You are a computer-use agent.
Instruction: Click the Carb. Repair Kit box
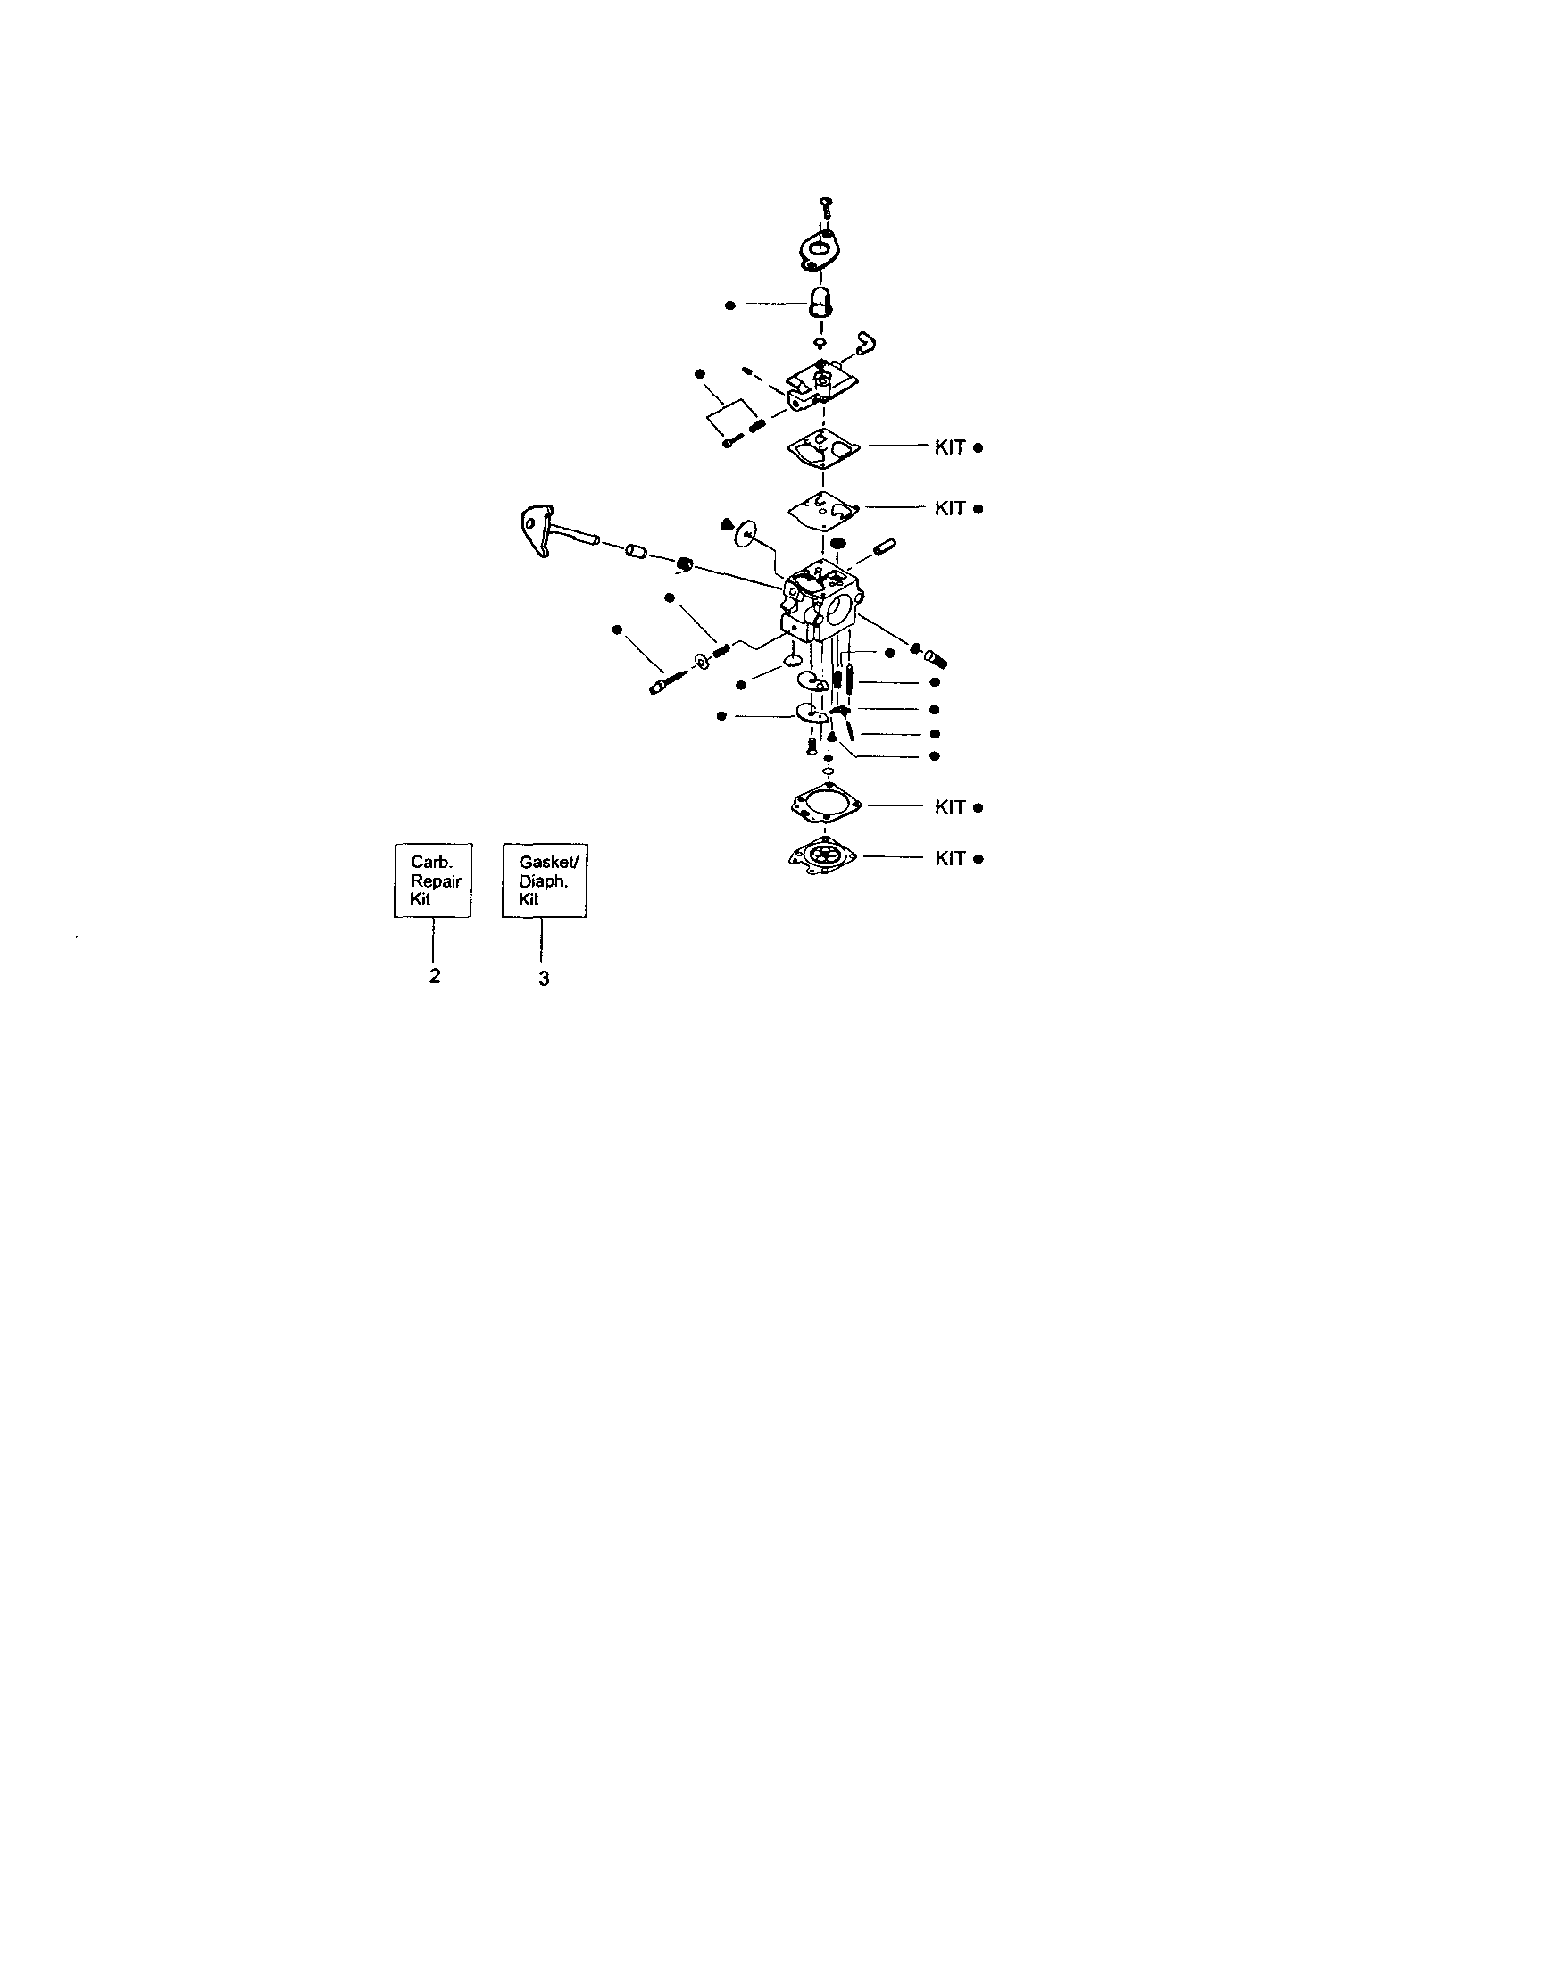(433, 880)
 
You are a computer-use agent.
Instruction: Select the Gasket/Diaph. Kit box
(544, 880)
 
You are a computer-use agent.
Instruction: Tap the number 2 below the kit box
(435, 975)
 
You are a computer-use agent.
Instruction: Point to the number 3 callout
(544, 979)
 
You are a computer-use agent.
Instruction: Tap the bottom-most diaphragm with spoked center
(824, 856)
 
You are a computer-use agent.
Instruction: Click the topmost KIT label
(949, 447)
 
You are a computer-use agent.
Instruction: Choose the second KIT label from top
(949, 508)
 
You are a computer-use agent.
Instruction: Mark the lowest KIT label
(949, 858)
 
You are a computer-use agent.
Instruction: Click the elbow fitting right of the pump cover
(864, 344)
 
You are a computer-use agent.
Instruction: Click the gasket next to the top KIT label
(824, 447)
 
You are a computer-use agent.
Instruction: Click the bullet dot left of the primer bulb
(730, 305)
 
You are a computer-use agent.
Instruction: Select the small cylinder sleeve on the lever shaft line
(637, 551)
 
